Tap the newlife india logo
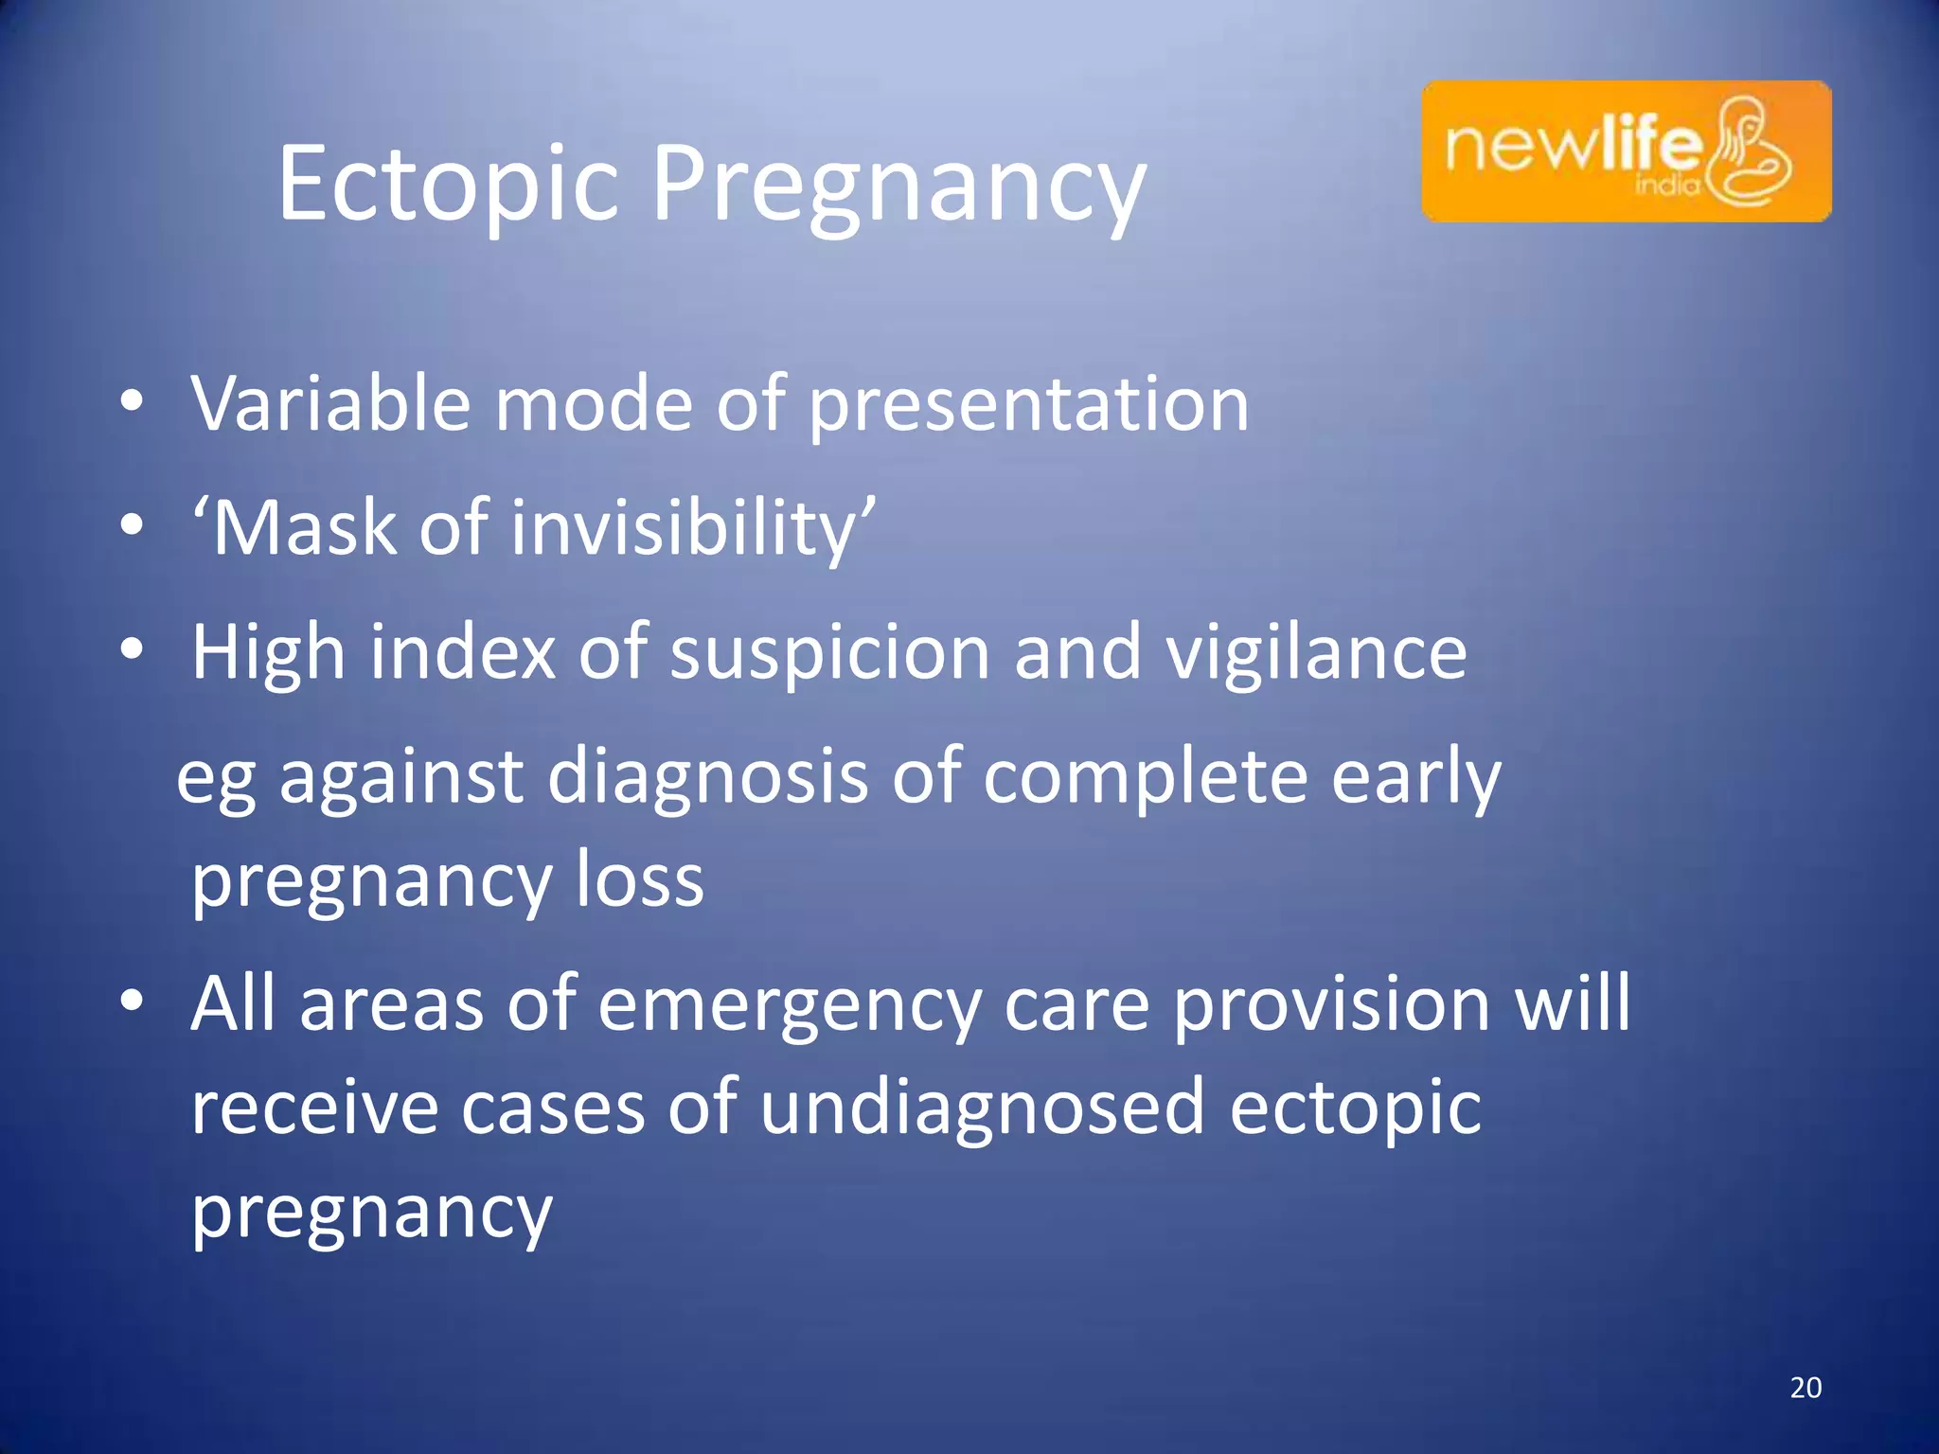[x=1626, y=151]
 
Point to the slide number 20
[x=1806, y=1388]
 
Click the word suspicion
[x=829, y=653]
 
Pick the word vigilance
[x=1316, y=653]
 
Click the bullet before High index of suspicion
[x=132, y=649]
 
